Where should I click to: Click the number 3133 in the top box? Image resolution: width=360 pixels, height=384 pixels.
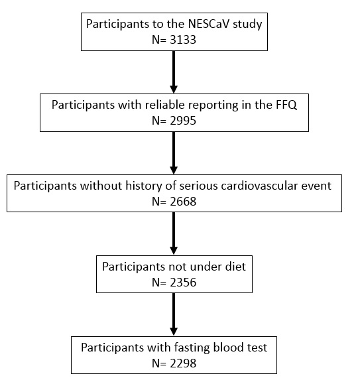coord(183,40)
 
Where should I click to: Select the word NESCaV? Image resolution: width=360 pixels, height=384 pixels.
coord(209,24)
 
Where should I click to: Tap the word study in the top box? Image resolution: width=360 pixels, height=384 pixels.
coord(247,25)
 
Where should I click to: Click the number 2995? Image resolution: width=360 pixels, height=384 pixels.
coord(183,121)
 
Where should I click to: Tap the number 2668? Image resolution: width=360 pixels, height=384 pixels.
coord(183,202)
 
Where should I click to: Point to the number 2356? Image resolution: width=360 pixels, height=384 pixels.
coord(183,283)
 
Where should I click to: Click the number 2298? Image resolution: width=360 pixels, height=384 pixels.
coord(183,363)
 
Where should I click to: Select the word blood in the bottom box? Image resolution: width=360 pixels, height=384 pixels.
coord(225,348)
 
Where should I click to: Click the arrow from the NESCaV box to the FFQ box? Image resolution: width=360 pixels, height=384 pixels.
coord(174,72)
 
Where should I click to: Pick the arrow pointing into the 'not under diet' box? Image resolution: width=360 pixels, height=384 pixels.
coord(174,233)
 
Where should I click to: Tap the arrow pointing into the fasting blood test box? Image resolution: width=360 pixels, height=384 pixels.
coord(174,314)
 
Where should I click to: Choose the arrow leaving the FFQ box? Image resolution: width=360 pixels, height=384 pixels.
coord(174,153)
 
